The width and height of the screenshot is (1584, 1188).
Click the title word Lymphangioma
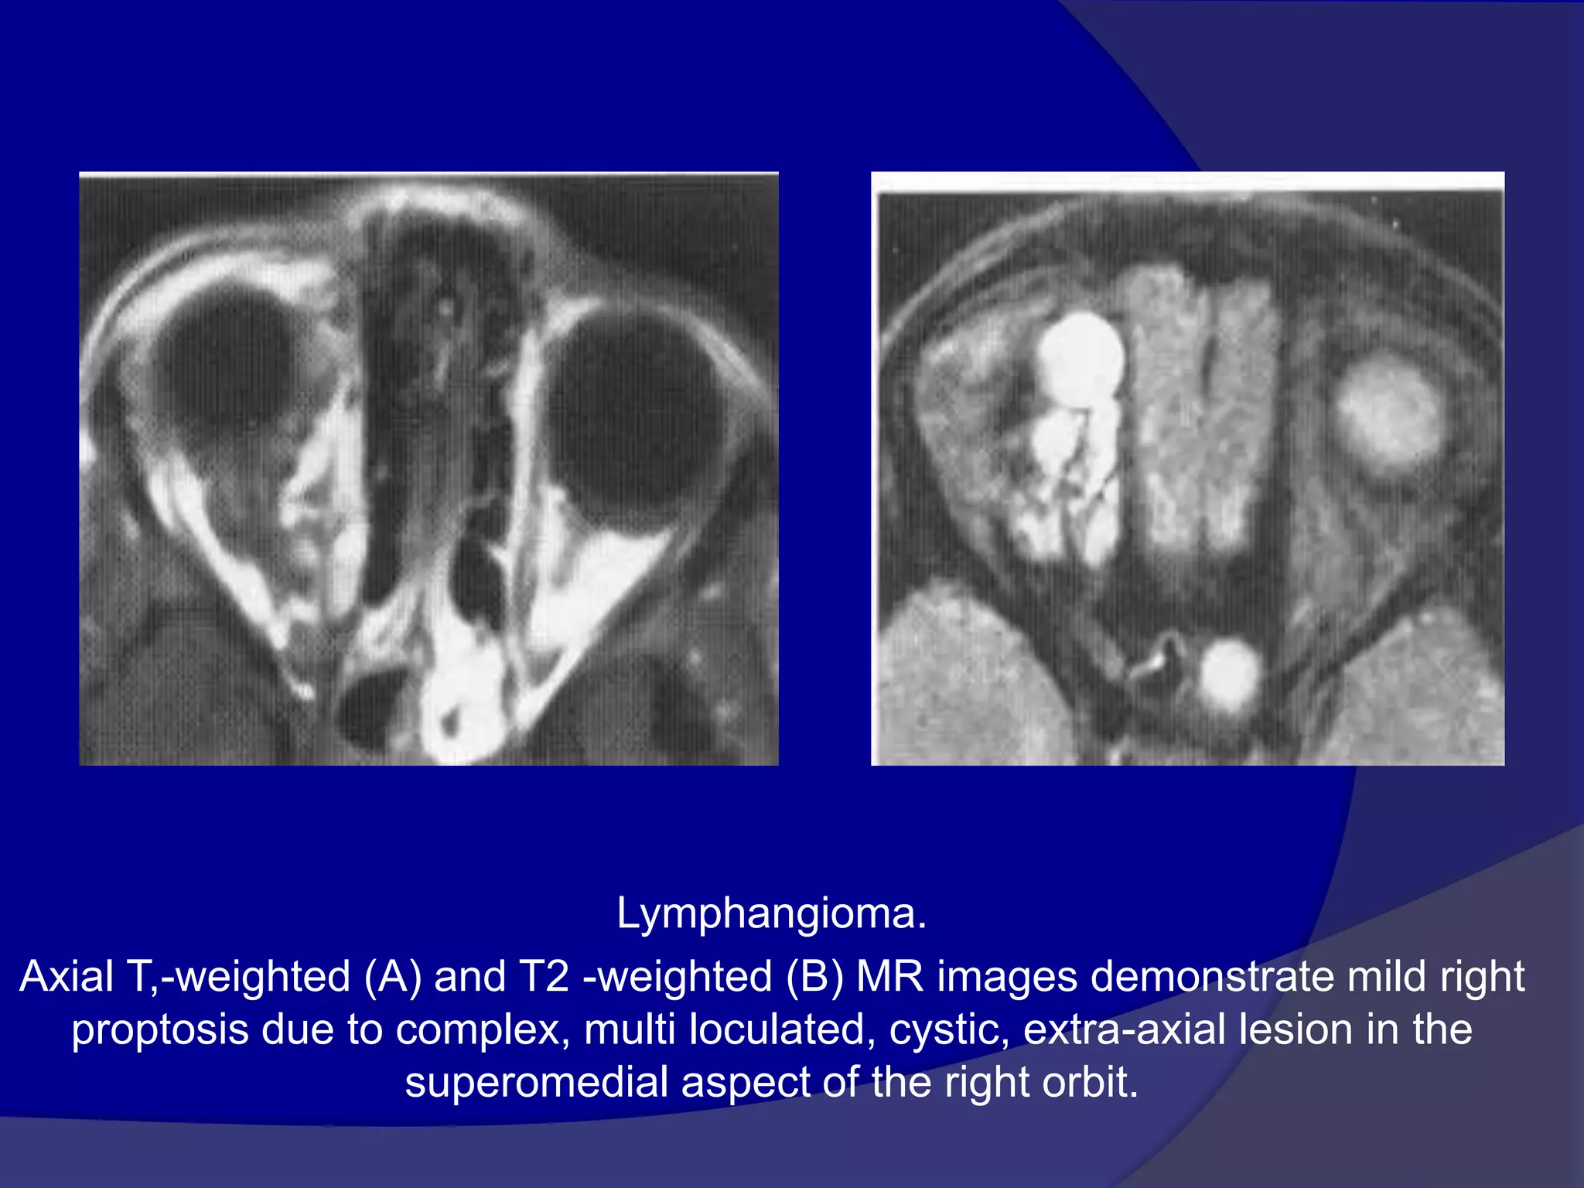[x=771, y=914]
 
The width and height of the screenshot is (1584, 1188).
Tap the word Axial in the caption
[x=67, y=976]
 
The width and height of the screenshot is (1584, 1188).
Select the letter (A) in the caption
[x=392, y=976]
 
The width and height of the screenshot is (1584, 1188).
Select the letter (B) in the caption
[x=815, y=976]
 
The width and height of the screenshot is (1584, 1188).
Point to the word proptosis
[x=160, y=1030]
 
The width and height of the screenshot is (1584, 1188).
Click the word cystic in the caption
[x=949, y=1030]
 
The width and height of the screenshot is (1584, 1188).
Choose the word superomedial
[x=536, y=1083]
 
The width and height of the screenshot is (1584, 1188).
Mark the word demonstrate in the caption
[x=1212, y=976]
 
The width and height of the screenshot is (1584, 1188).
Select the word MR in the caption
[x=890, y=976]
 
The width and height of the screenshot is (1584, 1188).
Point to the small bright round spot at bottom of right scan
[x=1229, y=673]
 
